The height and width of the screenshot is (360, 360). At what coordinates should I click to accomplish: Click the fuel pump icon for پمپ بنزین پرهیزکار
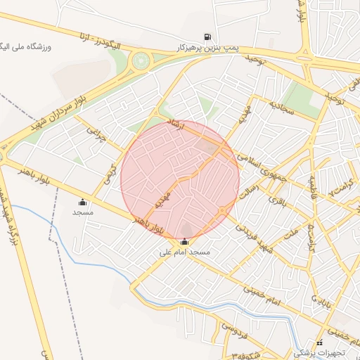(207, 37)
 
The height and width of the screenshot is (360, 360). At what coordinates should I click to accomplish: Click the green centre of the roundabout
(141, 61)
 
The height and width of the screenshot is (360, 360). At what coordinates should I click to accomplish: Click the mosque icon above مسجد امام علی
(184, 242)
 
